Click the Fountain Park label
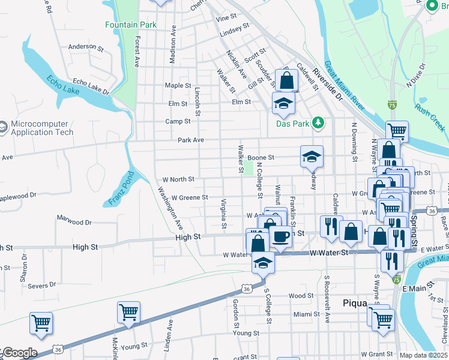pos(130,25)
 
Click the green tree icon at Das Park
pos(319,124)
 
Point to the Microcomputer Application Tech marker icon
pos(4,128)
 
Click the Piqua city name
pos(354,303)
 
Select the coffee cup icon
pos(281,236)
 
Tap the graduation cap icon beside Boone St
pos(312,157)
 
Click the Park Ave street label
pos(191,140)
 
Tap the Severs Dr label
pos(41,286)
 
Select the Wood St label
pos(301,296)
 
